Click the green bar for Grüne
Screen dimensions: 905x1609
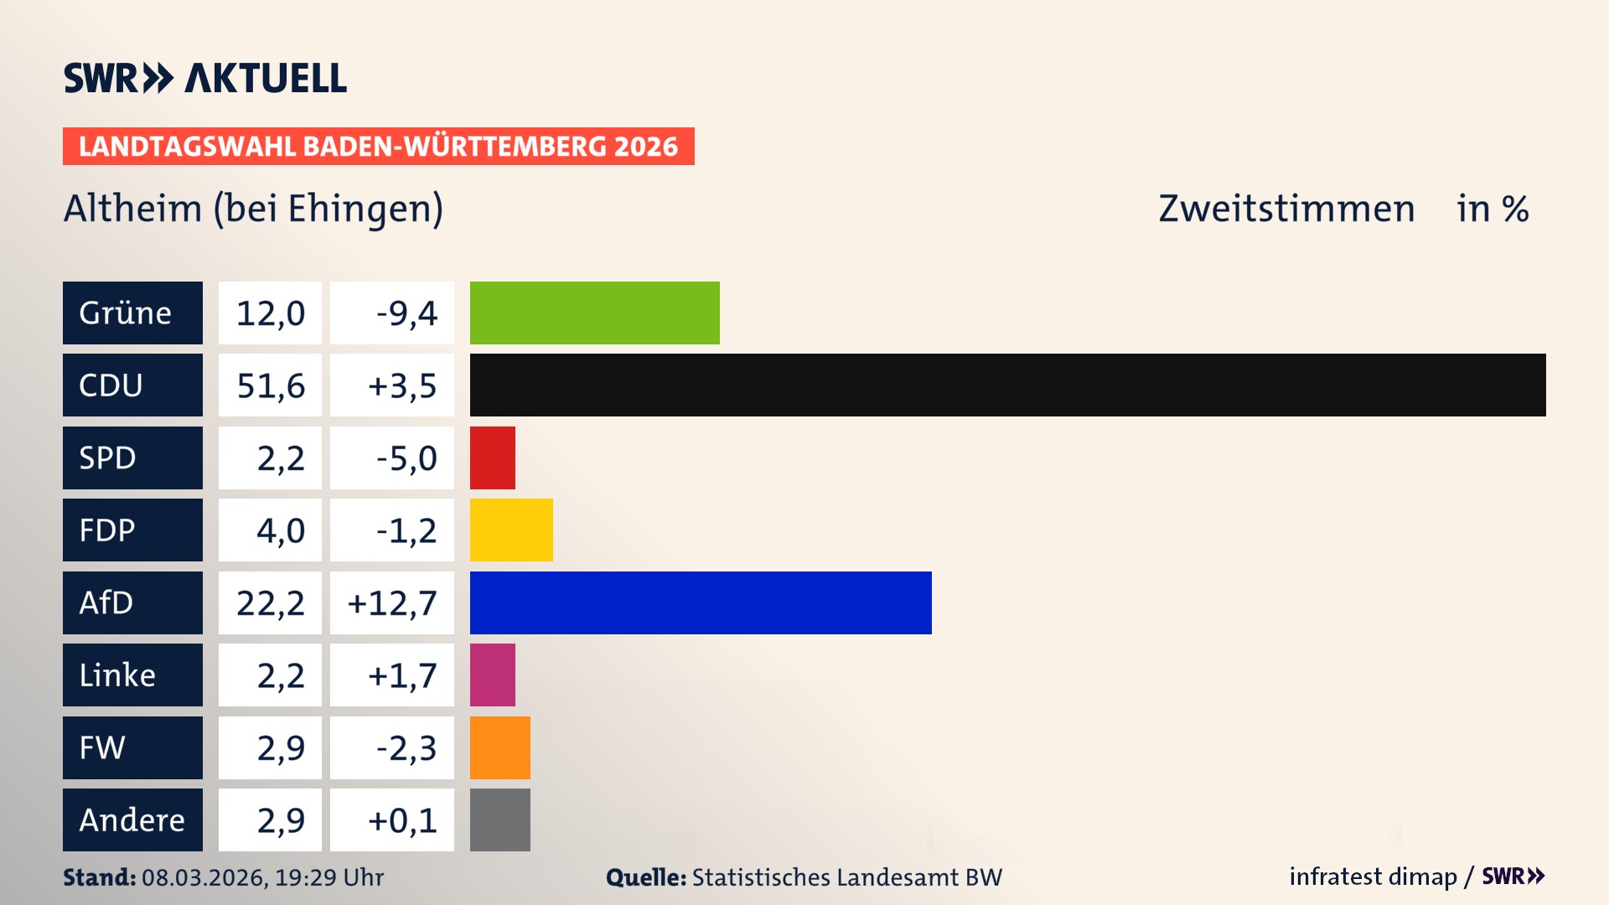594,313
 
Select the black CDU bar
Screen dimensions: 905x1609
1007,385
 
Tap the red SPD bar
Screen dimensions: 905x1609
492,458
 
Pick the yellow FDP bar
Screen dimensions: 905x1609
511,530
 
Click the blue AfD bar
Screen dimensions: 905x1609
701,602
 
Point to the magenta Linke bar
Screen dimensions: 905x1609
492,675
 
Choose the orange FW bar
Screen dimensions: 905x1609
499,747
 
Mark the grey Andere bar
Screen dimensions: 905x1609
499,820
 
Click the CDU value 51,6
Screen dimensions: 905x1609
270,385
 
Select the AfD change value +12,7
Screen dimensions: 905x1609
392,602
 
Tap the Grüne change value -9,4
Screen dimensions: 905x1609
406,313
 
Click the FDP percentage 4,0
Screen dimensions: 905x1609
280,530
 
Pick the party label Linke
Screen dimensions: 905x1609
117,675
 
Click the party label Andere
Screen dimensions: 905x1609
132,820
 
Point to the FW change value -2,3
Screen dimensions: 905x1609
406,747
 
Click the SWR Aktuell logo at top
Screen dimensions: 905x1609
204,78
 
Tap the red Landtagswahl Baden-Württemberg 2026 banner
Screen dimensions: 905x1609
378,147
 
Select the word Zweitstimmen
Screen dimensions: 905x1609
1286,209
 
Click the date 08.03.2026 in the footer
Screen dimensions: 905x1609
204,877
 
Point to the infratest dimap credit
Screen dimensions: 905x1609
1372,877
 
